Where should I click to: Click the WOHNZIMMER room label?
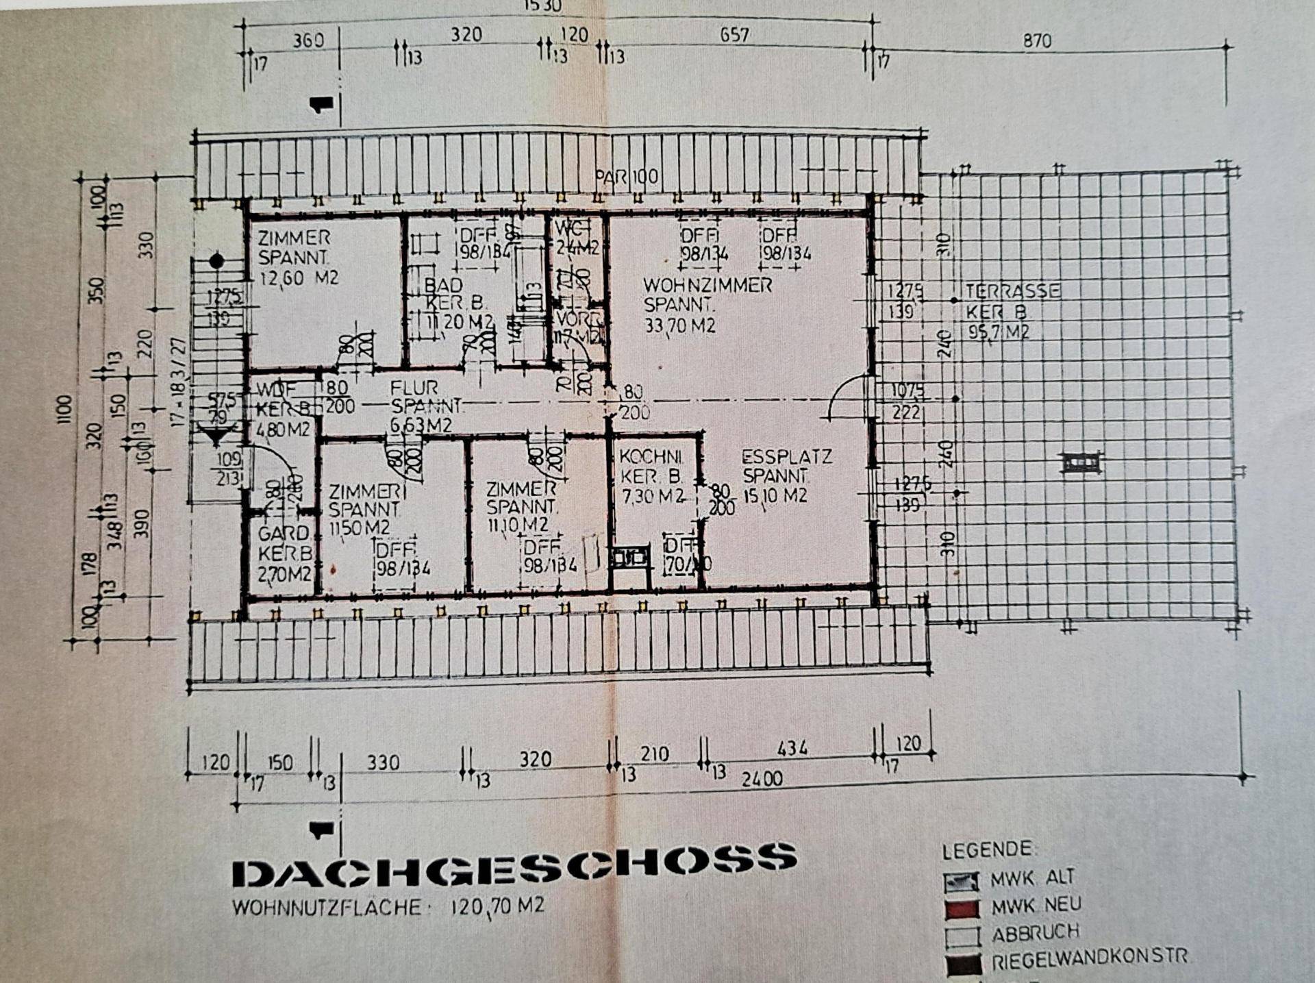(707, 284)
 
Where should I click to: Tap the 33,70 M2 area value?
(679, 325)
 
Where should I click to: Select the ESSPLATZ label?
(786, 457)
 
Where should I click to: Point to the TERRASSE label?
(1012, 291)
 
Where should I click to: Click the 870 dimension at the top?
(1036, 41)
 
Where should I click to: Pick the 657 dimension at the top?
(734, 35)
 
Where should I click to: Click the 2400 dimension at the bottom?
(762, 779)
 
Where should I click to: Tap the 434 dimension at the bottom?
(792, 749)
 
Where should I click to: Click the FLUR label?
(414, 388)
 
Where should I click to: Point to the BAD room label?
(442, 284)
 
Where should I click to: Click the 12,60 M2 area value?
(299, 278)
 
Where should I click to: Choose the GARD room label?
(283, 533)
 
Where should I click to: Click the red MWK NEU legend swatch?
(962, 908)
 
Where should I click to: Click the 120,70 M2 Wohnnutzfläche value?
(497, 907)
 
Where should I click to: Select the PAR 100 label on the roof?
(626, 177)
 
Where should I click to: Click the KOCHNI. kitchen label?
(649, 456)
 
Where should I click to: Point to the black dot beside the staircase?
(216, 261)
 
